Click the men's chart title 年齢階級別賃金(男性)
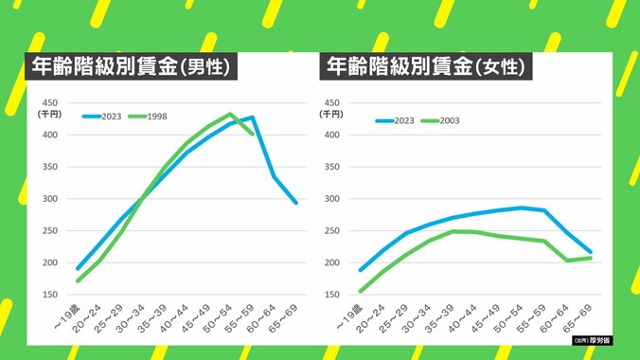click(130, 68)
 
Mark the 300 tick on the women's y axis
click(331, 199)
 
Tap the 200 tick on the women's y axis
click(331, 262)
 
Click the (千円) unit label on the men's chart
click(48, 114)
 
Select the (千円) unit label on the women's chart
click(331, 114)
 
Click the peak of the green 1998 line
click(230, 114)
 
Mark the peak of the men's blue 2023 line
click(252, 117)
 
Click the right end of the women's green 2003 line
click(591, 258)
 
